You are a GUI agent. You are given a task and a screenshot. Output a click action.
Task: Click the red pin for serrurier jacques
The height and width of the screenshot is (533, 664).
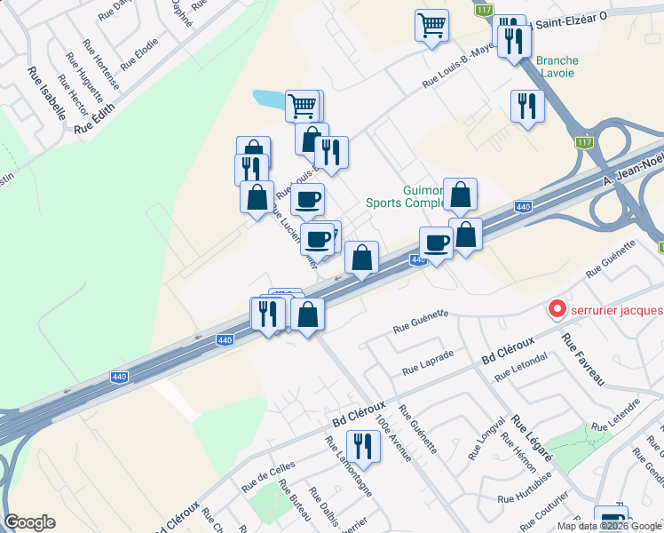tap(557, 309)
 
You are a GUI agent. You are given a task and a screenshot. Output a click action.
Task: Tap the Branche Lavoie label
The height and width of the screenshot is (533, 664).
tap(557, 67)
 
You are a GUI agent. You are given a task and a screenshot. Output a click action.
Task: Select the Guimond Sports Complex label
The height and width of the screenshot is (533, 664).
tap(404, 196)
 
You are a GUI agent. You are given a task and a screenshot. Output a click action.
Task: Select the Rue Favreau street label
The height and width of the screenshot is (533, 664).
tap(582, 359)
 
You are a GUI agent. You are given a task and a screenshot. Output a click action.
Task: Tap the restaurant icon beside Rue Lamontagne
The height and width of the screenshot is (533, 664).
tap(362, 444)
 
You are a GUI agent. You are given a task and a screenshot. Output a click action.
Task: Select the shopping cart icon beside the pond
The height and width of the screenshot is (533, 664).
tap(303, 106)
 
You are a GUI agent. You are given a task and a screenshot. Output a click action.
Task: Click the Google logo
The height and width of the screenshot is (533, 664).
tap(30, 522)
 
